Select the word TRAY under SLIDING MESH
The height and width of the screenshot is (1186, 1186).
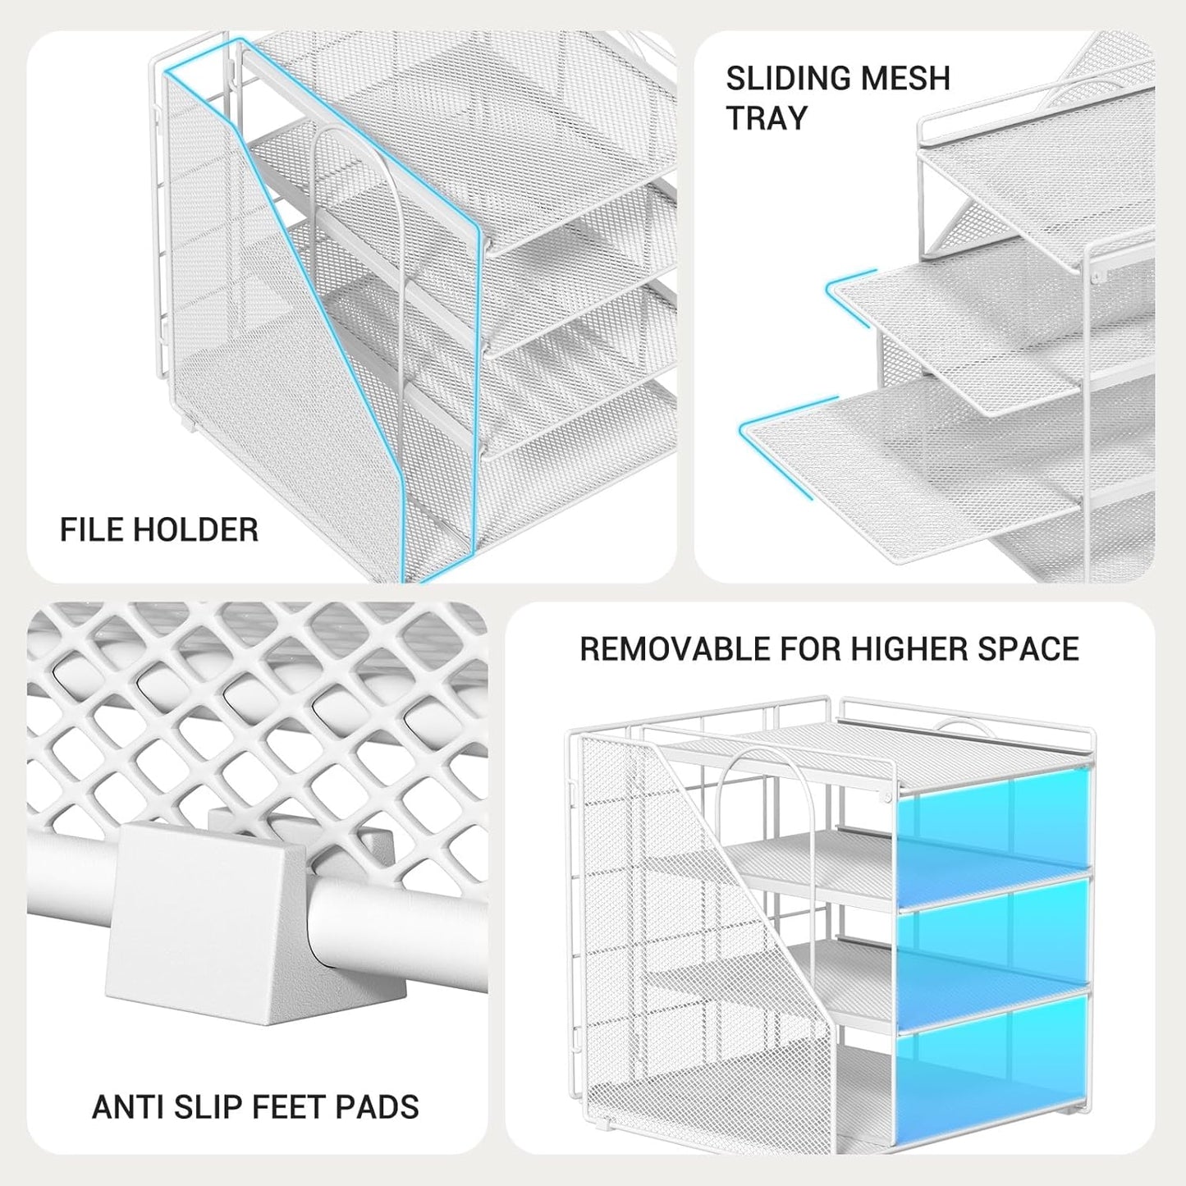click(x=767, y=118)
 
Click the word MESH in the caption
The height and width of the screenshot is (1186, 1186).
click(x=907, y=79)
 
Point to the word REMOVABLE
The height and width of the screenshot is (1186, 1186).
click(x=675, y=649)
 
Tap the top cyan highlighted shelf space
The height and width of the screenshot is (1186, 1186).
click(x=993, y=825)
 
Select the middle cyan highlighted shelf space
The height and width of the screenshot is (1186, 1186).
click(x=993, y=936)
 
